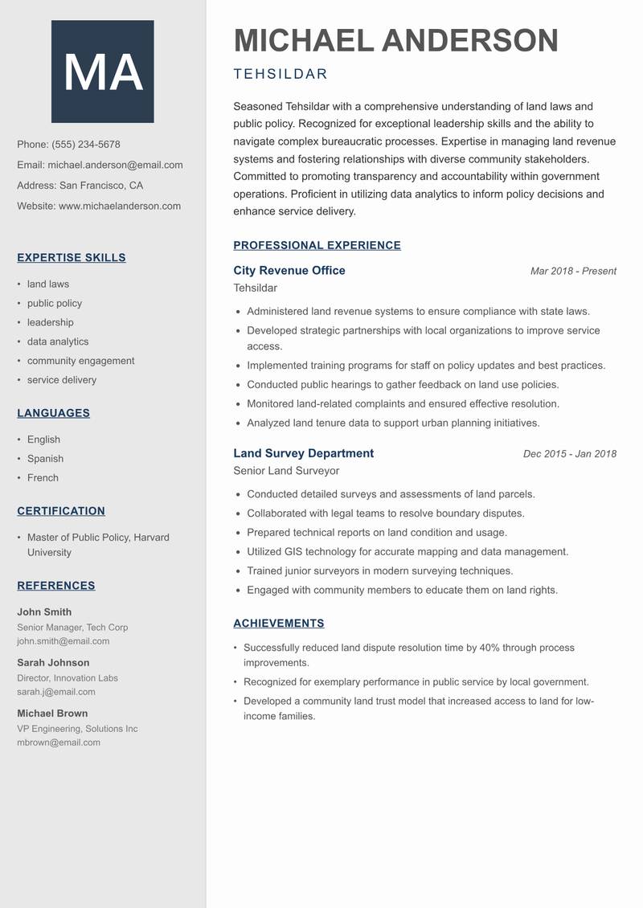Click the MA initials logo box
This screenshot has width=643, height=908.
coord(102,72)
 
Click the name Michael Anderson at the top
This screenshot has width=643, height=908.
coord(395,40)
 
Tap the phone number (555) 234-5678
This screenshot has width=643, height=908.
coord(85,145)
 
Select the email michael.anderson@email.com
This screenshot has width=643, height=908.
coord(115,165)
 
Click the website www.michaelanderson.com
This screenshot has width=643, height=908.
coord(119,206)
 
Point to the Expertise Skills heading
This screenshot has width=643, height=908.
coord(72,258)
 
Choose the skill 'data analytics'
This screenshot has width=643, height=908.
coord(58,342)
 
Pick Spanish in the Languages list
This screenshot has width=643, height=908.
coord(45,459)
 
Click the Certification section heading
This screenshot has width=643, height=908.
coord(61,511)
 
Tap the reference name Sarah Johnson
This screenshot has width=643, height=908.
coord(53,663)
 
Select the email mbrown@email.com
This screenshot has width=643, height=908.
coord(59,742)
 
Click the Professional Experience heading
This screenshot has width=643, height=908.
coord(317,246)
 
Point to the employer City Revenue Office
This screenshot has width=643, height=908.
coord(289,271)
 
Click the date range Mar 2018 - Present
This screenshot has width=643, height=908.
coord(573,272)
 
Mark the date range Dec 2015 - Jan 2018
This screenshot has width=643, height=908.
coord(569,454)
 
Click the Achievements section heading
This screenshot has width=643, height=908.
coord(279,624)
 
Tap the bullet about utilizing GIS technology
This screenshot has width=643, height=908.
coord(408,552)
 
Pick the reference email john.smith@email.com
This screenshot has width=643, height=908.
coord(63,641)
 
